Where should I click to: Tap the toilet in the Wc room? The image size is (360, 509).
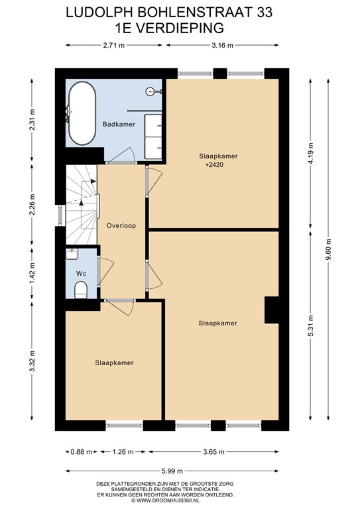click(x=81, y=290)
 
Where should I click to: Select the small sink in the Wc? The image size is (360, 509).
click(x=72, y=254)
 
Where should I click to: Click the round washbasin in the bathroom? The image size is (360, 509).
click(x=150, y=91)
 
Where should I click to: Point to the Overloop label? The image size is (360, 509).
click(x=121, y=225)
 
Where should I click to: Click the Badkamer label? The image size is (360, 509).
click(x=119, y=124)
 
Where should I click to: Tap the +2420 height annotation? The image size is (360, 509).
click(x=215, y=164)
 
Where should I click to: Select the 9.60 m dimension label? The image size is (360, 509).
click(x=329, y=250)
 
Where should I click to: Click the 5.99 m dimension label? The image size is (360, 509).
click(x=172, y=471)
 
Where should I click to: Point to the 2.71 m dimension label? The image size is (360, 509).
click(x=114, y=46)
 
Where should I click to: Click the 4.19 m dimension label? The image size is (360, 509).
click(x=311, y=153)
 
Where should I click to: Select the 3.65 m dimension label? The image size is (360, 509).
click(x=213, y=451)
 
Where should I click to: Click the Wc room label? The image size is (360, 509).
click(x=81, y=274)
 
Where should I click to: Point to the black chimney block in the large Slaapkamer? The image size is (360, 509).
click(x=271, y=310)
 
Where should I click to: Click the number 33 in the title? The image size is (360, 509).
click(x=265, y=13)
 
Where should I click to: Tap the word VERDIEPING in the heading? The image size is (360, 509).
click(x=180, y=28)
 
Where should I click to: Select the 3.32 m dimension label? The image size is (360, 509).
click(x=32, y=361)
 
